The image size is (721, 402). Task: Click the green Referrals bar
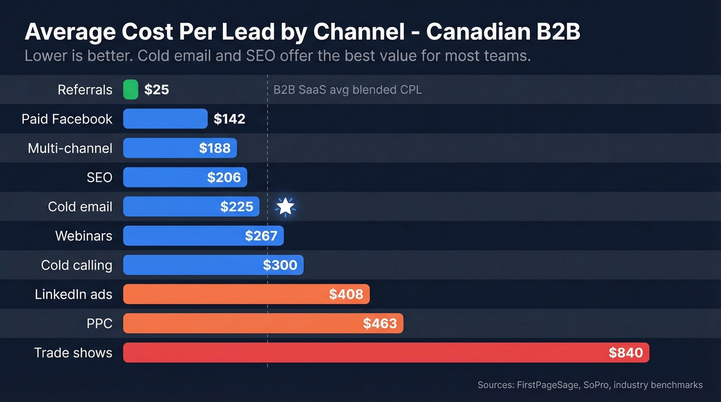click(131, 90)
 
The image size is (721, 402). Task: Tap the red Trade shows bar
click(360, 353)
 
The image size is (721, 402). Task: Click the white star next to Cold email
click(285, 206)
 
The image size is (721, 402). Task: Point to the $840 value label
click(625, 353)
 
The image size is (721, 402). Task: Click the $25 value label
click(157, 90)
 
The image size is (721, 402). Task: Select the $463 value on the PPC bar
click(380, 323)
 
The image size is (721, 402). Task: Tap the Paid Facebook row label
click(66, 119)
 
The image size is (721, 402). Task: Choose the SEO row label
click(99, 178)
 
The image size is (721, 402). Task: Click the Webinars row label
click(83, 236)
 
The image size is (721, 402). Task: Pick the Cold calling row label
click(76, 265)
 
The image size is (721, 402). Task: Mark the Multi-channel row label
click(70, 148)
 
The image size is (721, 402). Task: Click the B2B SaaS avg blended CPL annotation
click(347, 90)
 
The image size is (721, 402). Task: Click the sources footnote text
click(590, 385)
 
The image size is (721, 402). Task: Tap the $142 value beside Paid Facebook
click(229, 119)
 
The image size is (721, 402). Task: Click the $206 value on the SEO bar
click(224, 178)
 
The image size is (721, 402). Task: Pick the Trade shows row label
click(73, 353)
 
